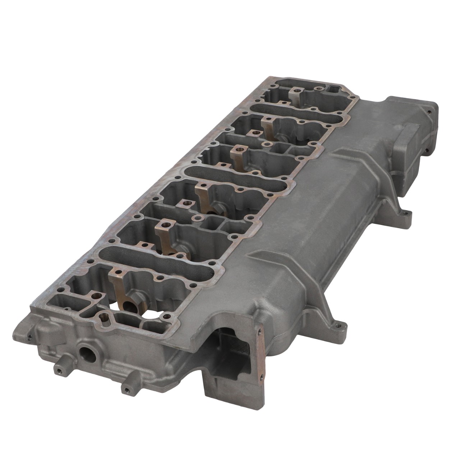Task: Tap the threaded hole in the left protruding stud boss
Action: coord(57,369)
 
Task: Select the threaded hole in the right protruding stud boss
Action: coord(126,389)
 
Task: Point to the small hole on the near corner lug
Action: coord(29,337)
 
